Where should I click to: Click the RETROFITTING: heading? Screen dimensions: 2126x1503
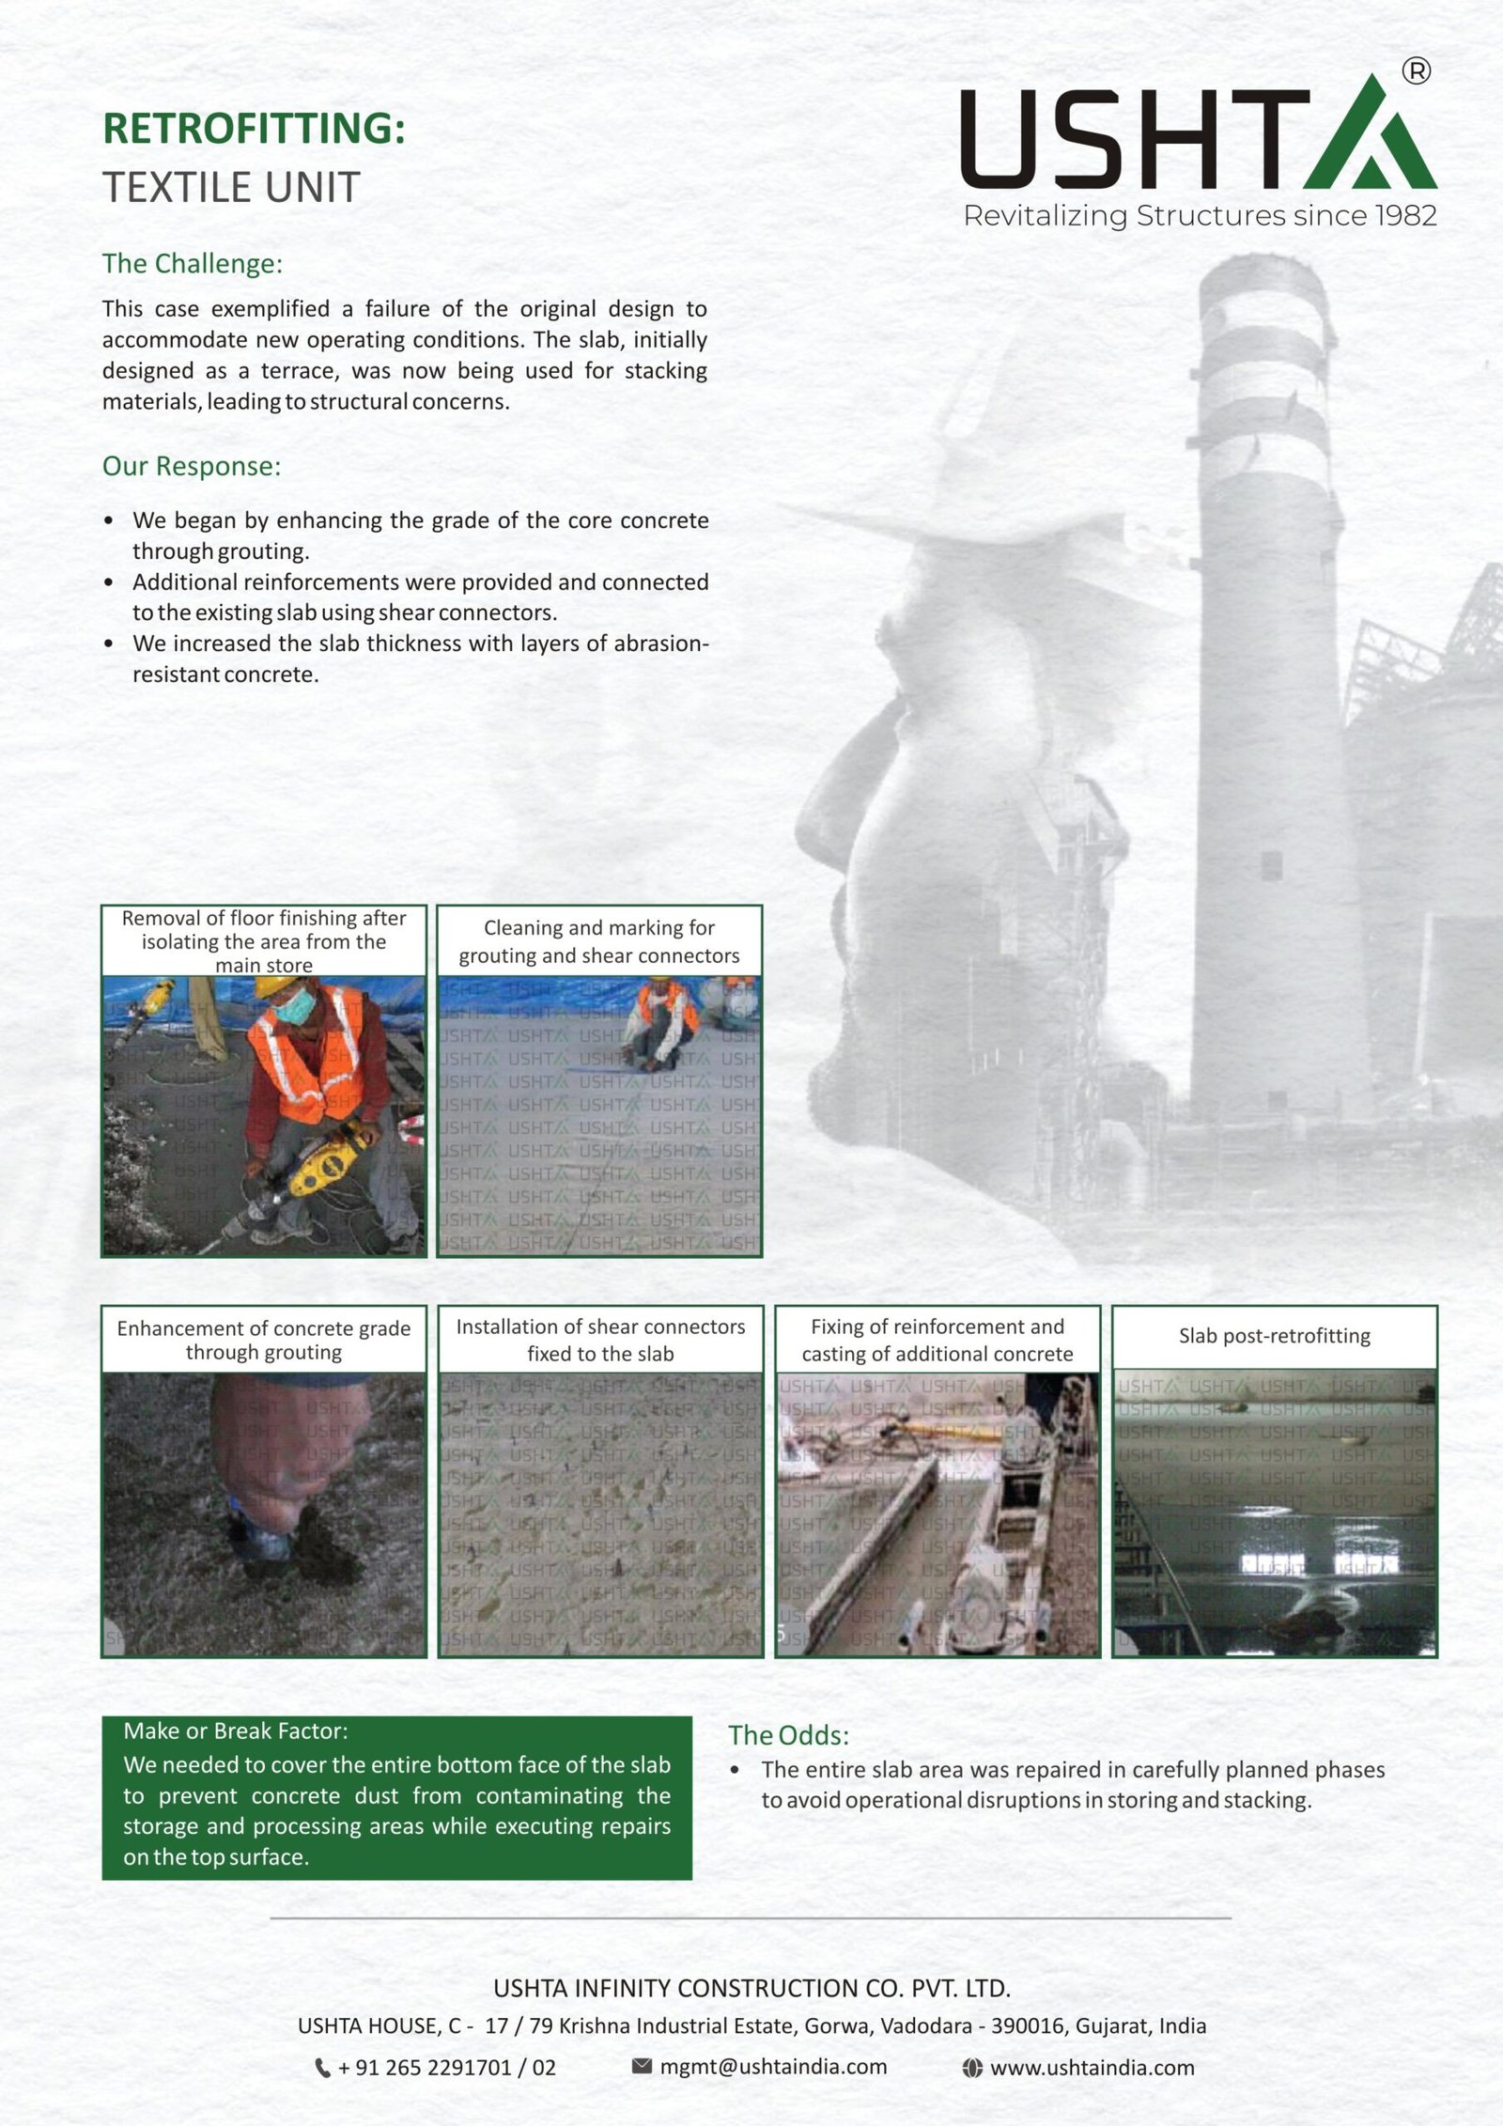(254, 129)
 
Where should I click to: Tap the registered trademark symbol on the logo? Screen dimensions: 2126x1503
(1416, 70)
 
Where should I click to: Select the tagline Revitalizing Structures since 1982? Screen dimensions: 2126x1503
(1200, 216)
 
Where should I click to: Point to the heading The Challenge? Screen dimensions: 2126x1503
(192, 264)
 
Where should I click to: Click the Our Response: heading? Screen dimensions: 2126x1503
(192, 466)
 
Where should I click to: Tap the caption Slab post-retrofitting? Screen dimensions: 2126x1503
(1274, 1336)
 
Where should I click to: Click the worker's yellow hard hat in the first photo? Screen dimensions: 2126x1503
(277, 985)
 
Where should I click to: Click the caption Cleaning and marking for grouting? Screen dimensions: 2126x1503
(599, 941)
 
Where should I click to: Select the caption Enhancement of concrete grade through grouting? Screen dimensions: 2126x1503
(264, 1340)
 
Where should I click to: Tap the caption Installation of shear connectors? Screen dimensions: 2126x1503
(600, 1340)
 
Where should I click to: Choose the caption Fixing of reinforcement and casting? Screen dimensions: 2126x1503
(937, 1340)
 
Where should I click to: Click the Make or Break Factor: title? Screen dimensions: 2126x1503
(235, 1730)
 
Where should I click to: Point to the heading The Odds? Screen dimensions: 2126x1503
(788, 1735)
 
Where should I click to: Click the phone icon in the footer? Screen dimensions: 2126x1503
(322, 2068)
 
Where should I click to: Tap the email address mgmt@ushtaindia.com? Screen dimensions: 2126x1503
(772, 2067)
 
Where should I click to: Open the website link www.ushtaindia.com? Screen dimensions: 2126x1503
(1092, 2068)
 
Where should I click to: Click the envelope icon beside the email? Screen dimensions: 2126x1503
(642, 2066)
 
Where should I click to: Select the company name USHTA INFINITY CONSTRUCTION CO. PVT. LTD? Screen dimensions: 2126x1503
(751, 1989)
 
